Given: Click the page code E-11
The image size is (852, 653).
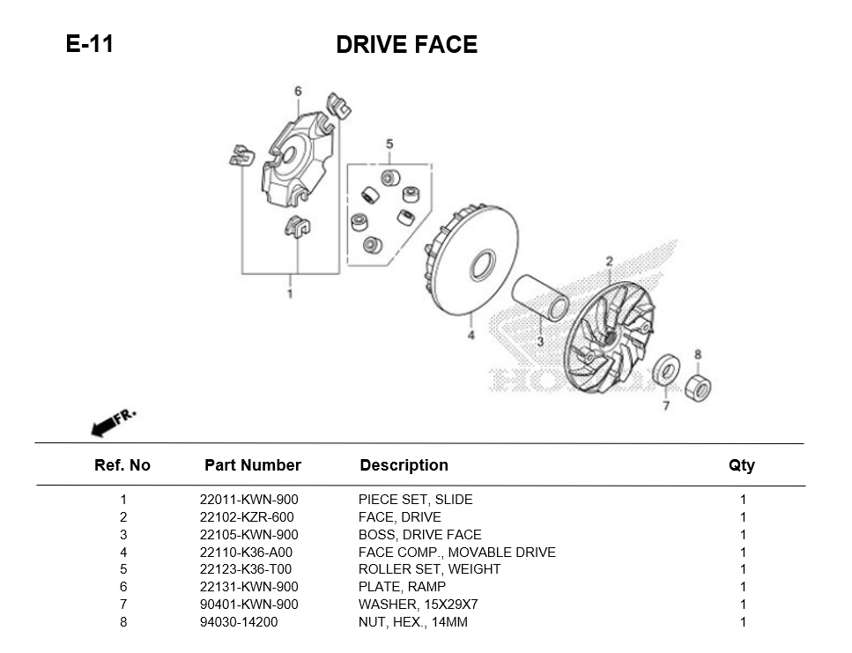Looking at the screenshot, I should coord(89,43).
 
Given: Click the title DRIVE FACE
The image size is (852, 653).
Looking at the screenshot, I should coord(406,45).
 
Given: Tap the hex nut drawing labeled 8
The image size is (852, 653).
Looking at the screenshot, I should coord(697,384).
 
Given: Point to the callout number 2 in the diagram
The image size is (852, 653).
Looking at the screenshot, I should coord(608,261).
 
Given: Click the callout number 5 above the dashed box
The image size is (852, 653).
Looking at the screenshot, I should coord(389,144).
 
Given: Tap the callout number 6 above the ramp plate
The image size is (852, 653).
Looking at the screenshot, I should coord(298,92).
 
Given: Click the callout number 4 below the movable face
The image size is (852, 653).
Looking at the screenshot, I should coord(470,335).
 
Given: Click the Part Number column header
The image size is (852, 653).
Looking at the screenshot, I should coord(252,465).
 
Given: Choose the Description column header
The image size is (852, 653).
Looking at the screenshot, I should coord(404,465).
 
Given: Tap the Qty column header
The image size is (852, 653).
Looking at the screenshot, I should coord(742,466).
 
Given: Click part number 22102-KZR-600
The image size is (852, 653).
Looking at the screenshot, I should coord(247,517).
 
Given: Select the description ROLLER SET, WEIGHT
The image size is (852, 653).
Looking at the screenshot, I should coord(429,569).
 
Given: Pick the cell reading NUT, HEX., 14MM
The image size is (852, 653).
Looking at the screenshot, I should coord(412,622).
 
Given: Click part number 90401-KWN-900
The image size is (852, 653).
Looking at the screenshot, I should coord(248,605).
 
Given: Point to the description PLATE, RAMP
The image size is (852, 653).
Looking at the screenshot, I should coord(402,587).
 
